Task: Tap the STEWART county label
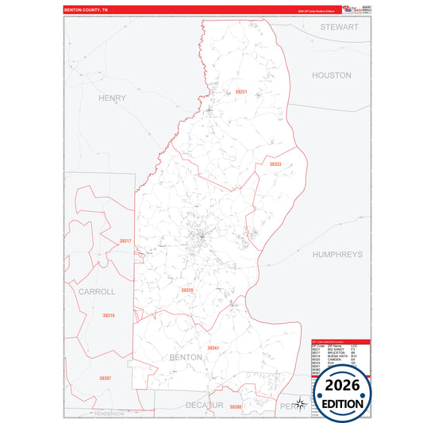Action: (340, 27)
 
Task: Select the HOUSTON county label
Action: (331, 75)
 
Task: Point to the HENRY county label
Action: (112, 98)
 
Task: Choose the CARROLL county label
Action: (97, 291)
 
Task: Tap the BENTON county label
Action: (187, 358)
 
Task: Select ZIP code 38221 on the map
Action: (241, 92)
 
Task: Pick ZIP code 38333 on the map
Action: (275, 164)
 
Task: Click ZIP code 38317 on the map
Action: (125, 240)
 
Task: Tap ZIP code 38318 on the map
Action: (109, 316)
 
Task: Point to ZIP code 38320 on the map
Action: (187, 290)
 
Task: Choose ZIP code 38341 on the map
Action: (213, 348)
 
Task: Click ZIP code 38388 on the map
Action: (236, 407)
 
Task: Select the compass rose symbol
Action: (301, 404)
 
